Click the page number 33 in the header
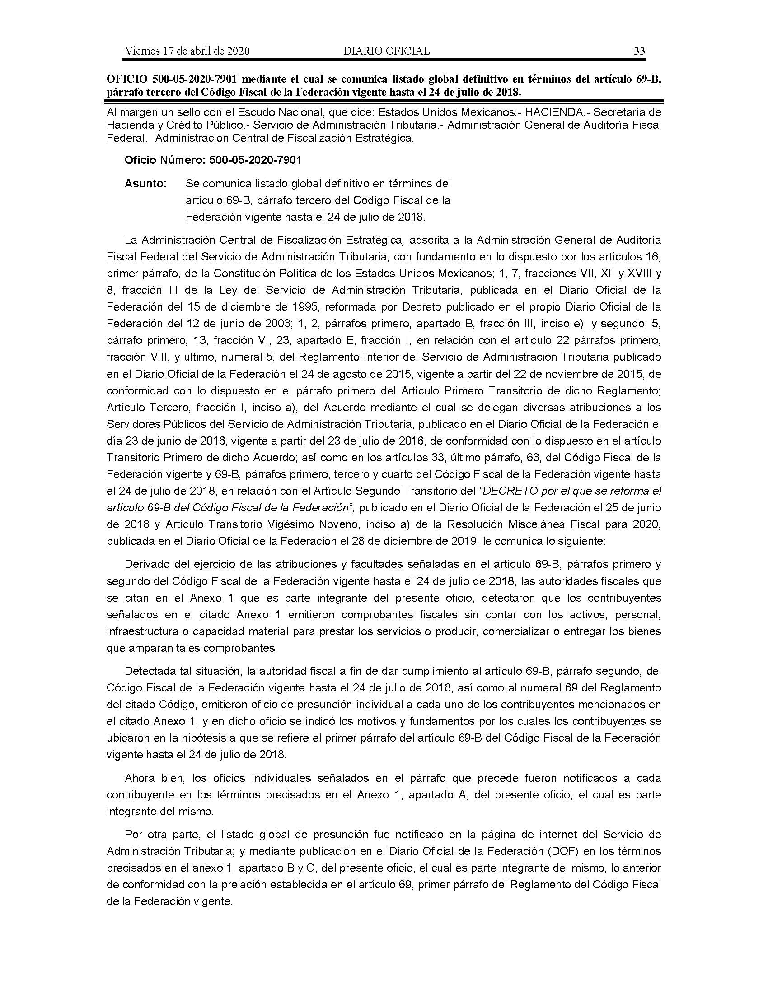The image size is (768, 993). point(639,51)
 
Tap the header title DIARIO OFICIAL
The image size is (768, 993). point(386,51)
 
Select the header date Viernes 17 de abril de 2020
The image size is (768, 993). point(187,51)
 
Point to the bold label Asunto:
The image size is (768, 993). point(145,184)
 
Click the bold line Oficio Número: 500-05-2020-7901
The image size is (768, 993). point(213,160)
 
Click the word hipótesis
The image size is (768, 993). point(220,738)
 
